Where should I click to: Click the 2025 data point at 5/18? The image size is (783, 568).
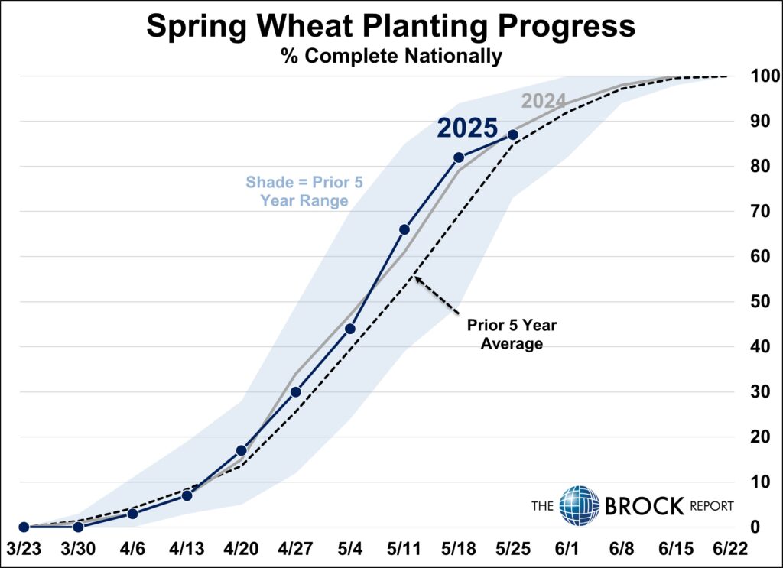[x=459, y=157]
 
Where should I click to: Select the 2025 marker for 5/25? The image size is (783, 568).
[x=513, y=135]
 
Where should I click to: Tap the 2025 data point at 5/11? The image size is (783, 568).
[x=404, y=229]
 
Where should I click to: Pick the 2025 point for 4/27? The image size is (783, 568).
[x=296, y=392]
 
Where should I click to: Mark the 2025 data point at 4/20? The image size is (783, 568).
[x=242, y=450]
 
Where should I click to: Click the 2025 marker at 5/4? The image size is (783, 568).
[x=350, y=329]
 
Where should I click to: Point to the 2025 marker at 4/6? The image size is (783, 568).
[x=132, y=514]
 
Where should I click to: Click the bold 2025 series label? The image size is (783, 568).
[x=467, y=128]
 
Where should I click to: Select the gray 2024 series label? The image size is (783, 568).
[x=543, y=101]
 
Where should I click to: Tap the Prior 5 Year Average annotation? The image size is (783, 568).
[x=512, y=334]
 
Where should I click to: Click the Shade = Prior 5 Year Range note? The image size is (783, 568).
[x=297, y=192]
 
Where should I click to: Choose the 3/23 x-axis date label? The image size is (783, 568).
[x=24, y=550]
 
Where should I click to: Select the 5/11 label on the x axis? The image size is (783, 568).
[x=404, y=550]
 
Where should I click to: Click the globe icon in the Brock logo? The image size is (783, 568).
[x=579, y=505]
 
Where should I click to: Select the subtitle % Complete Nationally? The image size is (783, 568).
[x=391, y=56]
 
